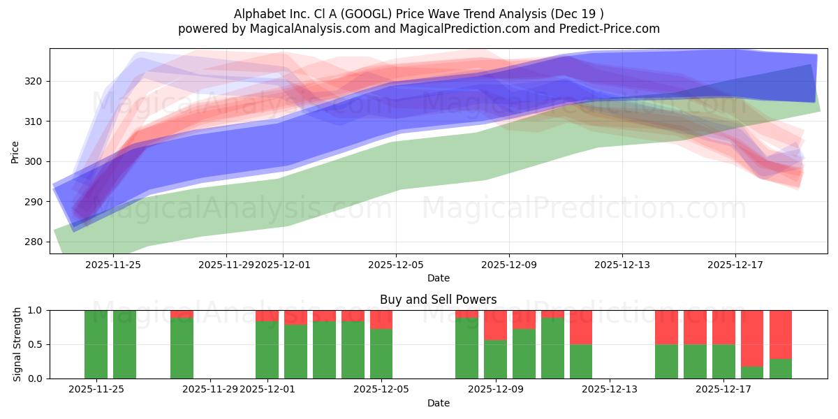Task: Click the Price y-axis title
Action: click(x=15, y=151)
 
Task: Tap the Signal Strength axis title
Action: click(x=17, y=344)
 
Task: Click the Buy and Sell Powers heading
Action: click(x=439, y=300)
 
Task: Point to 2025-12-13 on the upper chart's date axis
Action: click(x=622, y=265)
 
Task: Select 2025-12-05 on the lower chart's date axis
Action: click(x=381, y=390)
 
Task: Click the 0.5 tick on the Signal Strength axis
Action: click(x=35, y=344)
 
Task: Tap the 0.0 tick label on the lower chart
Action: click(x=35, y=378)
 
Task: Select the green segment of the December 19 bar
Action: click(x=781, y=369)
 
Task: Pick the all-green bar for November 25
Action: click(x=96, y=344)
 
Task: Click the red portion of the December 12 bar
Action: click(x=581, y=327)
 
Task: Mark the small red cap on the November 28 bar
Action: click(x=182, y=314)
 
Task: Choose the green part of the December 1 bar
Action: click(x=267, y=350)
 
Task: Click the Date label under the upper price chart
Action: click(x=439, y=278)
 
